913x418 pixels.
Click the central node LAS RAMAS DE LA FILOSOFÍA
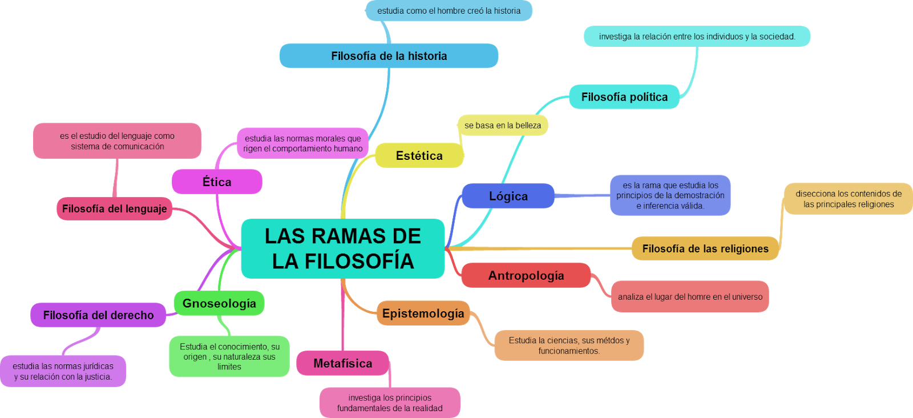pyautogui.click(x=342, y=248)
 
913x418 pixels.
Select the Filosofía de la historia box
pyautogui.click(x=389, y=56)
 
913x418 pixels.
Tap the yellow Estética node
pyautogui.click(x=419, y=155)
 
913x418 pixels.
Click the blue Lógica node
pyautogui.click(x=508, y=196)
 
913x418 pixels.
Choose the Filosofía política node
pyautogui.click(x=624, y=97)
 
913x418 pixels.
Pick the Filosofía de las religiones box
pyautogui.click(x=705, y=248)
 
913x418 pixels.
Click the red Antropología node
pyautogui.click(x=526, y=275)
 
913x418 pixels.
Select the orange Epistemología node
pyautogui.click(x=423, y=313)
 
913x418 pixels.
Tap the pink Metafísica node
pyautogui.click(x=342, y=363)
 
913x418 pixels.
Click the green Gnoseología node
pyautogui.click(x=219, y=303)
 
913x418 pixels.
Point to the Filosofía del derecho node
pyautogui.click(x=98, y=315)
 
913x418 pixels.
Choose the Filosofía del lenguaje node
pyautogui.click(x=114, y=209)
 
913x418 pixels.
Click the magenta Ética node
pyautogui.click(x=217, y=182)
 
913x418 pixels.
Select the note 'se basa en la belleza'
pyautogui.click(x=502, y=125)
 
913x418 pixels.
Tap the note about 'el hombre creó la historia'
pyautogui.click(x=449, y=11)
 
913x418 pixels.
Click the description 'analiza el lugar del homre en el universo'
pyautogui.click(x=689, y=296)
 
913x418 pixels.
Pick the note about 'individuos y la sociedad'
pyautogui.click(x=697, y=37)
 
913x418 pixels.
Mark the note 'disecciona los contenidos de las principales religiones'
pyautogui.click(x=848, y=199)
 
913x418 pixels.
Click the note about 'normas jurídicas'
pyautogui.click(x=63, y=371)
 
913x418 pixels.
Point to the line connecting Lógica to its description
pyautogui.click(x=582, y=196)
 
